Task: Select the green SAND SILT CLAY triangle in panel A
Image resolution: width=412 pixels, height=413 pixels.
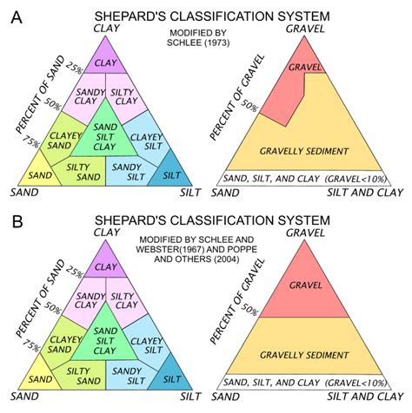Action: (x=106, y=133)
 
